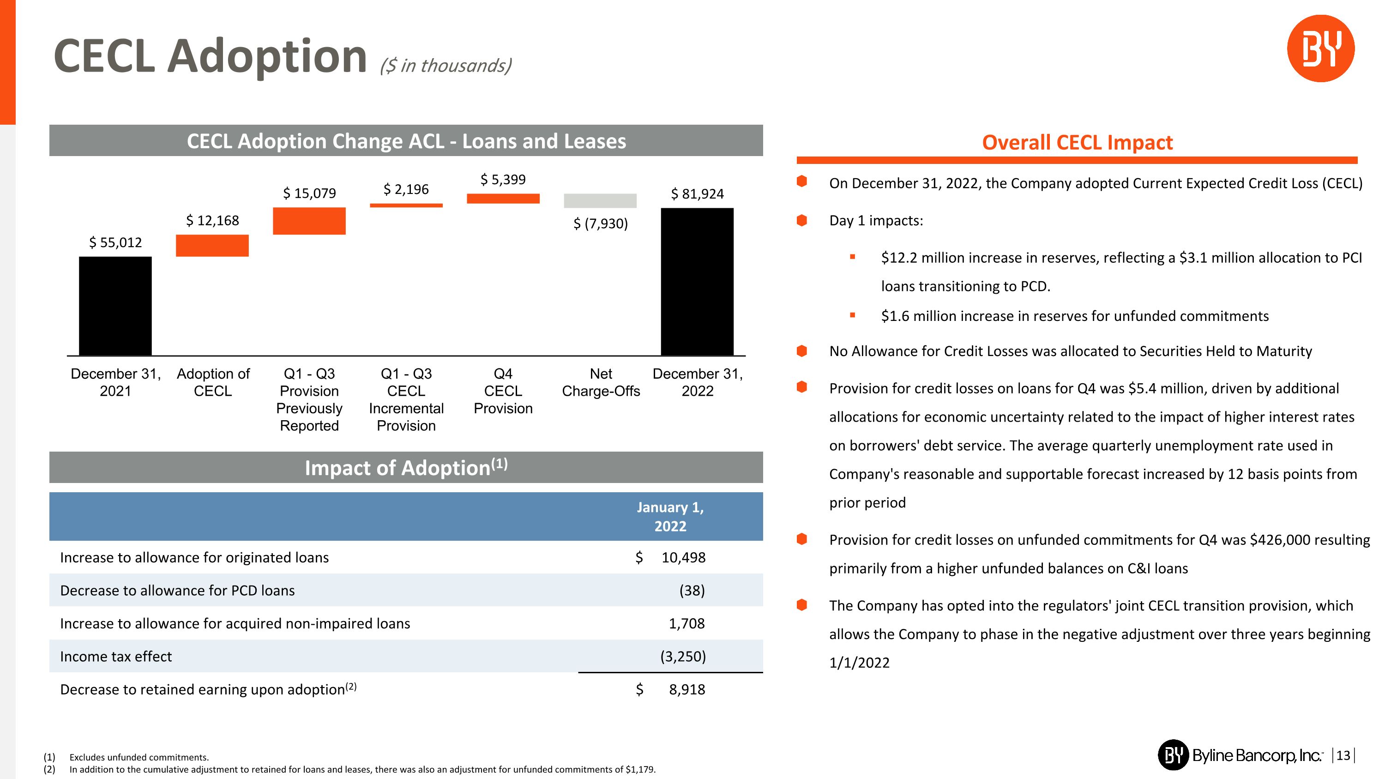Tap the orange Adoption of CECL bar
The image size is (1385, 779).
212,245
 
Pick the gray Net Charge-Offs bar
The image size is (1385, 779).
600,200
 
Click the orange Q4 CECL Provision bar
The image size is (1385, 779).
503,199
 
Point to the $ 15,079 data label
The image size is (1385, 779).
309,193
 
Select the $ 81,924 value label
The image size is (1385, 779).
697,193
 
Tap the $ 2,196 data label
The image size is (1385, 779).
406,189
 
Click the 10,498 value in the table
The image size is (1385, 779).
683,557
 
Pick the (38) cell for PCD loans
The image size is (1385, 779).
692,590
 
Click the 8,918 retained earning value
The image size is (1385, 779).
686,689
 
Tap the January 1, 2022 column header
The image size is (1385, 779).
670,516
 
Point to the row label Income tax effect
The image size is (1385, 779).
116,657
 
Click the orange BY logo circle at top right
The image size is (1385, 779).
1320,48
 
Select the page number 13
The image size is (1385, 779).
1343,755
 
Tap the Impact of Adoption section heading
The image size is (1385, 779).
406,468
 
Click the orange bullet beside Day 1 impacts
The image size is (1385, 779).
801,220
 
